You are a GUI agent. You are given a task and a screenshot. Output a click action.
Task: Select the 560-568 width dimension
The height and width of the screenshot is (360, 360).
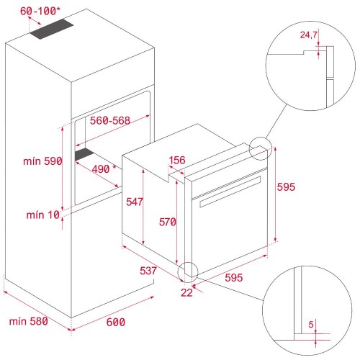pyautogui.click(x=111, y=120)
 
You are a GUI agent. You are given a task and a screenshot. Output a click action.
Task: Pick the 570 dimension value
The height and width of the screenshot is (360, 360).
pyautogui.click(x=167, y=222)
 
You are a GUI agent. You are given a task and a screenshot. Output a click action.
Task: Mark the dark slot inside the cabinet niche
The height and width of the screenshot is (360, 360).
pyautogui.click(x=85, y=154)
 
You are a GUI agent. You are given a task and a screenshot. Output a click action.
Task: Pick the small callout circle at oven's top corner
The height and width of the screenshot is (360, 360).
pyautogui.click(x=259, y=148)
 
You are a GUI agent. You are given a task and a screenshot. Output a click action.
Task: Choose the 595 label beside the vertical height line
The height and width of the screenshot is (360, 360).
pyautogui.click(x=286, y=186)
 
